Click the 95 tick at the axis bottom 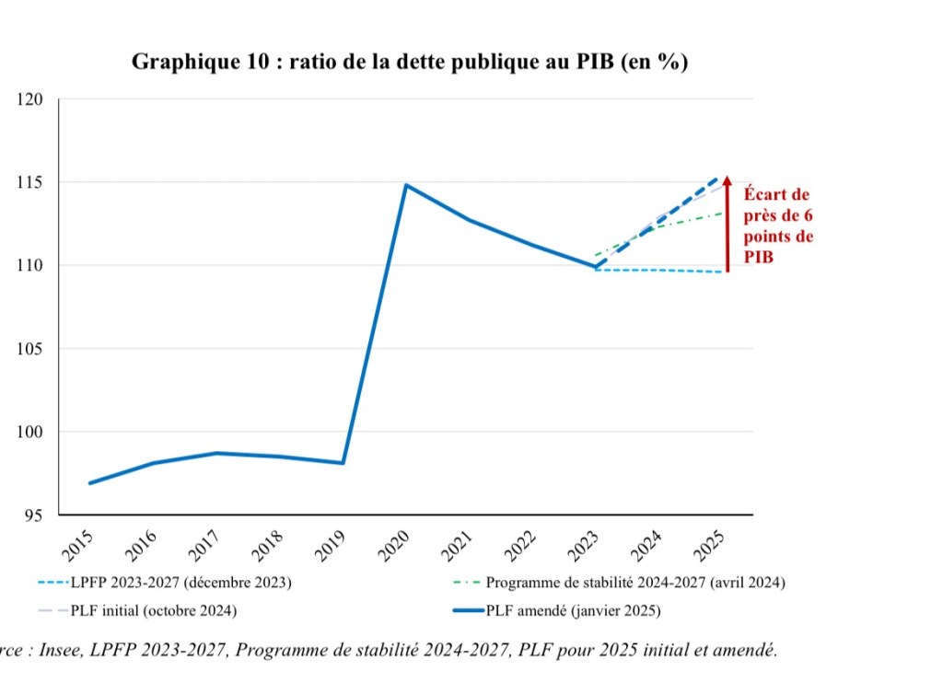pos(35,515)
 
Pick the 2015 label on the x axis pos(79,545)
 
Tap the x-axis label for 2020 pos(395,545)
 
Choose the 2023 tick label pos(585,545)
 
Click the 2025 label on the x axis pos(710,545)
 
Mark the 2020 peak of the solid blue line pos(406,185)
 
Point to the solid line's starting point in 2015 pos(90,483)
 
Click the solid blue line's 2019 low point pos(343,463)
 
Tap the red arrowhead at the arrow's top pos(727,180)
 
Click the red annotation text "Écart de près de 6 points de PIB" pos(778,226)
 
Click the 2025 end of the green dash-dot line pos(721,213)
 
